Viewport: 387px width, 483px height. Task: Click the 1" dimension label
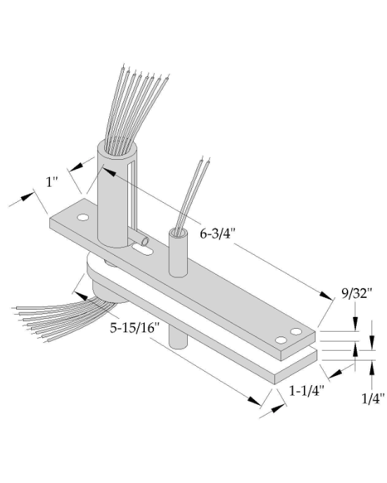[x=51, y=182]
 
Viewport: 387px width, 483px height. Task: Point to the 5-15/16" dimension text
[x=135, y=327]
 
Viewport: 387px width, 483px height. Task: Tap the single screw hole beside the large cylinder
[x=83, y=218]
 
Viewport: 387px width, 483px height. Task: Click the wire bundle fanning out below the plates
[x=56, y=318]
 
